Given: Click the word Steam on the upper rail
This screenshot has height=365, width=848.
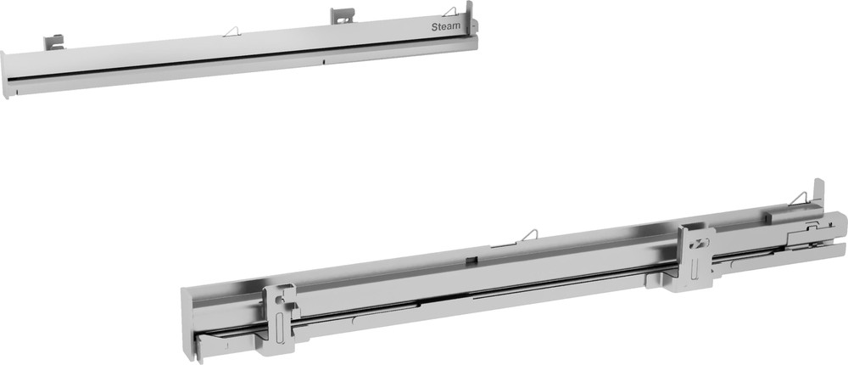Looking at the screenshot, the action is [446, 26].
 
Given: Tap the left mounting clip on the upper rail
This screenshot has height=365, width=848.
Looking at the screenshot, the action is [53, 42].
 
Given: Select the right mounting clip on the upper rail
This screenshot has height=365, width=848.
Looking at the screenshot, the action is [343, 16].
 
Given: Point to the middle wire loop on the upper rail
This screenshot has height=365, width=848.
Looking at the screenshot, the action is [232, 31].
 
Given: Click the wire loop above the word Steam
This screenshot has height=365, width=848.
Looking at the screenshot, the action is [450, 11].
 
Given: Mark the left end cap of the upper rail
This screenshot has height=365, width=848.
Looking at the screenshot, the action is [4, 75].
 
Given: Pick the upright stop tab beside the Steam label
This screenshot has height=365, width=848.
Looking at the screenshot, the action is [470, 15].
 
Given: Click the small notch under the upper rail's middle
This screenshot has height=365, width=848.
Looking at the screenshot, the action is [323, 62].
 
